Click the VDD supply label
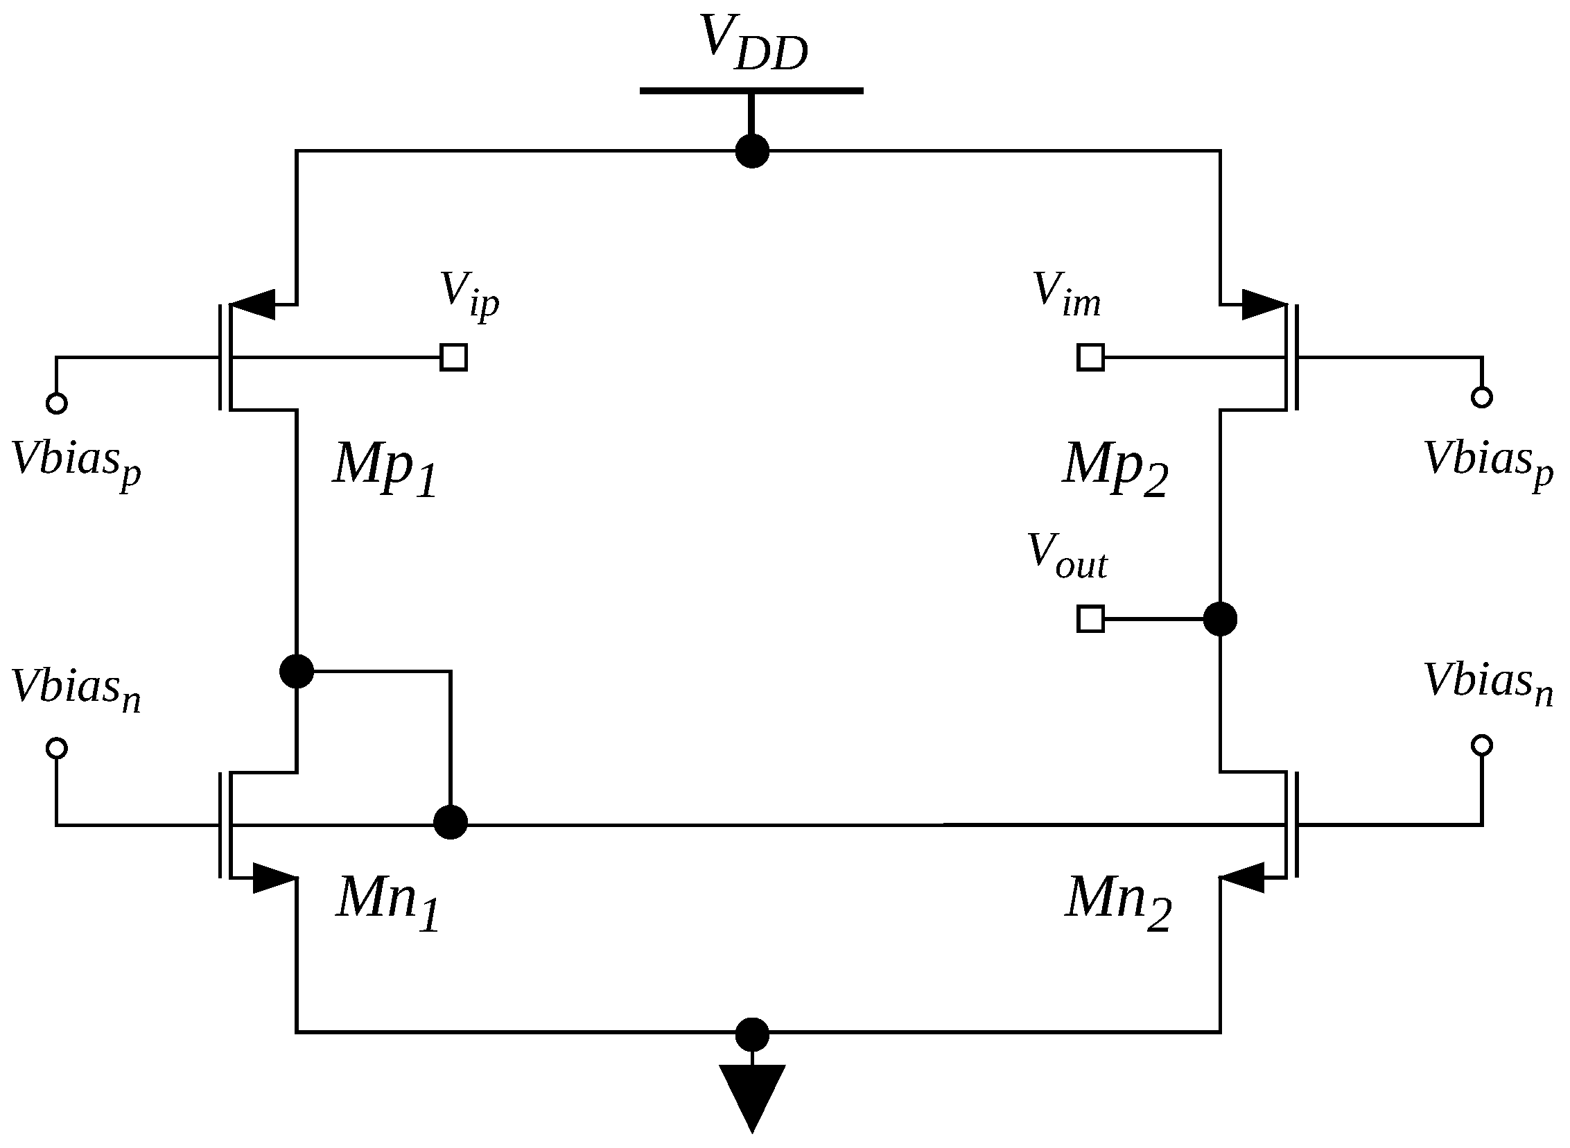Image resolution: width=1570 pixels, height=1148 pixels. coord(754,44)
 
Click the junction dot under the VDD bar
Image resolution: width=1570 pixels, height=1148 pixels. coord(751,151)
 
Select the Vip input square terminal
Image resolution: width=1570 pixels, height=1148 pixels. coord(453,357)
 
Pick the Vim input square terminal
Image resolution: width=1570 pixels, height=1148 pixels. coord(1090,357)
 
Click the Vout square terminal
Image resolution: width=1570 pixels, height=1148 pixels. coord(1090,618)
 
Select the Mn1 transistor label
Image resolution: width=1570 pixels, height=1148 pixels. coord(387,901)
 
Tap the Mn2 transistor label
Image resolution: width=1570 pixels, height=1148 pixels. coord(1119,901)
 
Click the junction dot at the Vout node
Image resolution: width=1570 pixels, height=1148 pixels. coord(1220,618)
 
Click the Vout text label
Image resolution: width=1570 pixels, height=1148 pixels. coord(1067,557)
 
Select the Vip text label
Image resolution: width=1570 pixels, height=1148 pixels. coord(469,295)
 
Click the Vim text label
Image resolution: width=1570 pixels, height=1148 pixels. coord(1067,295)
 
